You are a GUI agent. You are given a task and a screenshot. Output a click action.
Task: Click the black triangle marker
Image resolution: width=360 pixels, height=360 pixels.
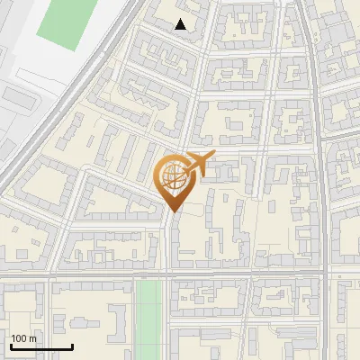[x=181, y=25]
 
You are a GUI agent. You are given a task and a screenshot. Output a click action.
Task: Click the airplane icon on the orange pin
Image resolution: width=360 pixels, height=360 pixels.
[x=200, y=164]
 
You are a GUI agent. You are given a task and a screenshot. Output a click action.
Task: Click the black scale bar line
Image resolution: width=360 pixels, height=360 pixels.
[x=41, y=346]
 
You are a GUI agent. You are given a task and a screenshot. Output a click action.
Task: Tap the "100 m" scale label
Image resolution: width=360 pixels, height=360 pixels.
[x=23, y=338]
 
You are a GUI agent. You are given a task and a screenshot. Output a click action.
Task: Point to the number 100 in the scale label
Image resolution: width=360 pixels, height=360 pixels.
[x=19, y=338]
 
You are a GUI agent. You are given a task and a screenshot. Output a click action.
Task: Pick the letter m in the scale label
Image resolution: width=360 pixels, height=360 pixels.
[x=32, y=338]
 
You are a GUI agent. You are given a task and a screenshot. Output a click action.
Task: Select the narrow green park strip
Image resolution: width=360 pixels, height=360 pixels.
[x=148, y=315]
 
